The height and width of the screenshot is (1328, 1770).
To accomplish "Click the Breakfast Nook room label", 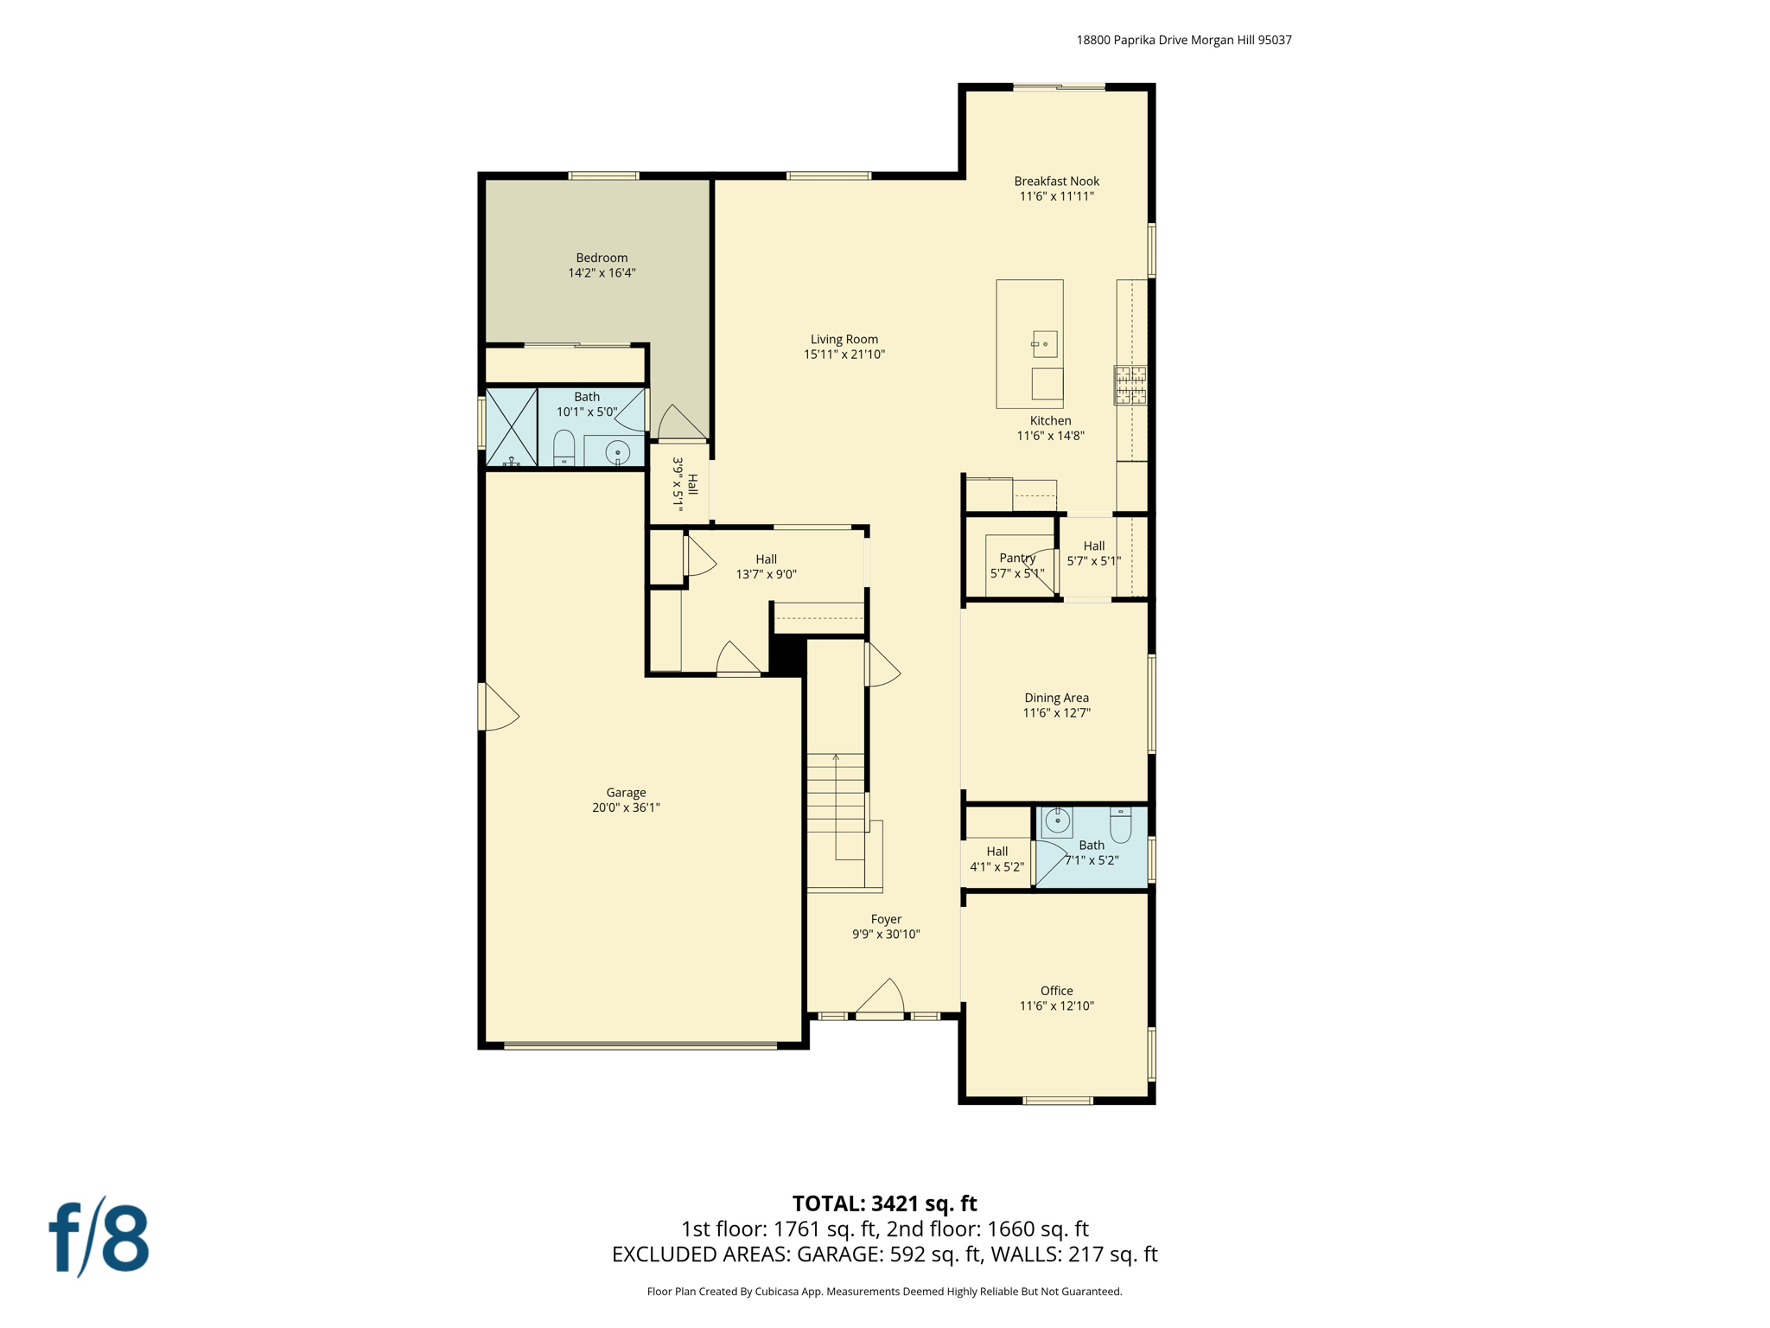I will (1056, 181).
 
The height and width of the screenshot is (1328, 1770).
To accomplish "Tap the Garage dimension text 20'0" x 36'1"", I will (626, 808).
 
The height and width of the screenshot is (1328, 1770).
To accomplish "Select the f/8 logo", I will (99, 1238).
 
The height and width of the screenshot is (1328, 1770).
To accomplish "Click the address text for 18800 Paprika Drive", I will (1183, 40).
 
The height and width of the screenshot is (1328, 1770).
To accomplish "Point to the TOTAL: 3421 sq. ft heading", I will (884, 1203).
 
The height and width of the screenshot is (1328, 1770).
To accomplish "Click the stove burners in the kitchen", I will (1130, 386).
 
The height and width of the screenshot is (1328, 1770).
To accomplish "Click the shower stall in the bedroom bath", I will (511, 428).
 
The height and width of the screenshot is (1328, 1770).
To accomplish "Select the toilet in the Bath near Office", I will (1120, 825).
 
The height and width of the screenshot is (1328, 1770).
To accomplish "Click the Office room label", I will (1056, 991).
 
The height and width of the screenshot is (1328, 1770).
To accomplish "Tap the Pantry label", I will (1016, 559).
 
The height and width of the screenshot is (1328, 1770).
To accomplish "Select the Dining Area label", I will (1056, 698).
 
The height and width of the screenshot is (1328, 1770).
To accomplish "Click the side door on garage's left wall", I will (497, 707).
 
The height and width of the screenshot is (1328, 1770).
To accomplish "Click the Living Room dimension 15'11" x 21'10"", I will (844, 354).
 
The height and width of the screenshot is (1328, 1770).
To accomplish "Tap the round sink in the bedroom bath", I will (617, 452).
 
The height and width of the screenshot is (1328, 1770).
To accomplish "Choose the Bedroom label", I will (602, 258).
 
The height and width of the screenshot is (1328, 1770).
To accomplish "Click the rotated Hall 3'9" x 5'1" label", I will (684, 484).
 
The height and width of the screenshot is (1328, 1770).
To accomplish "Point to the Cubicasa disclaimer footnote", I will (884, 1292).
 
